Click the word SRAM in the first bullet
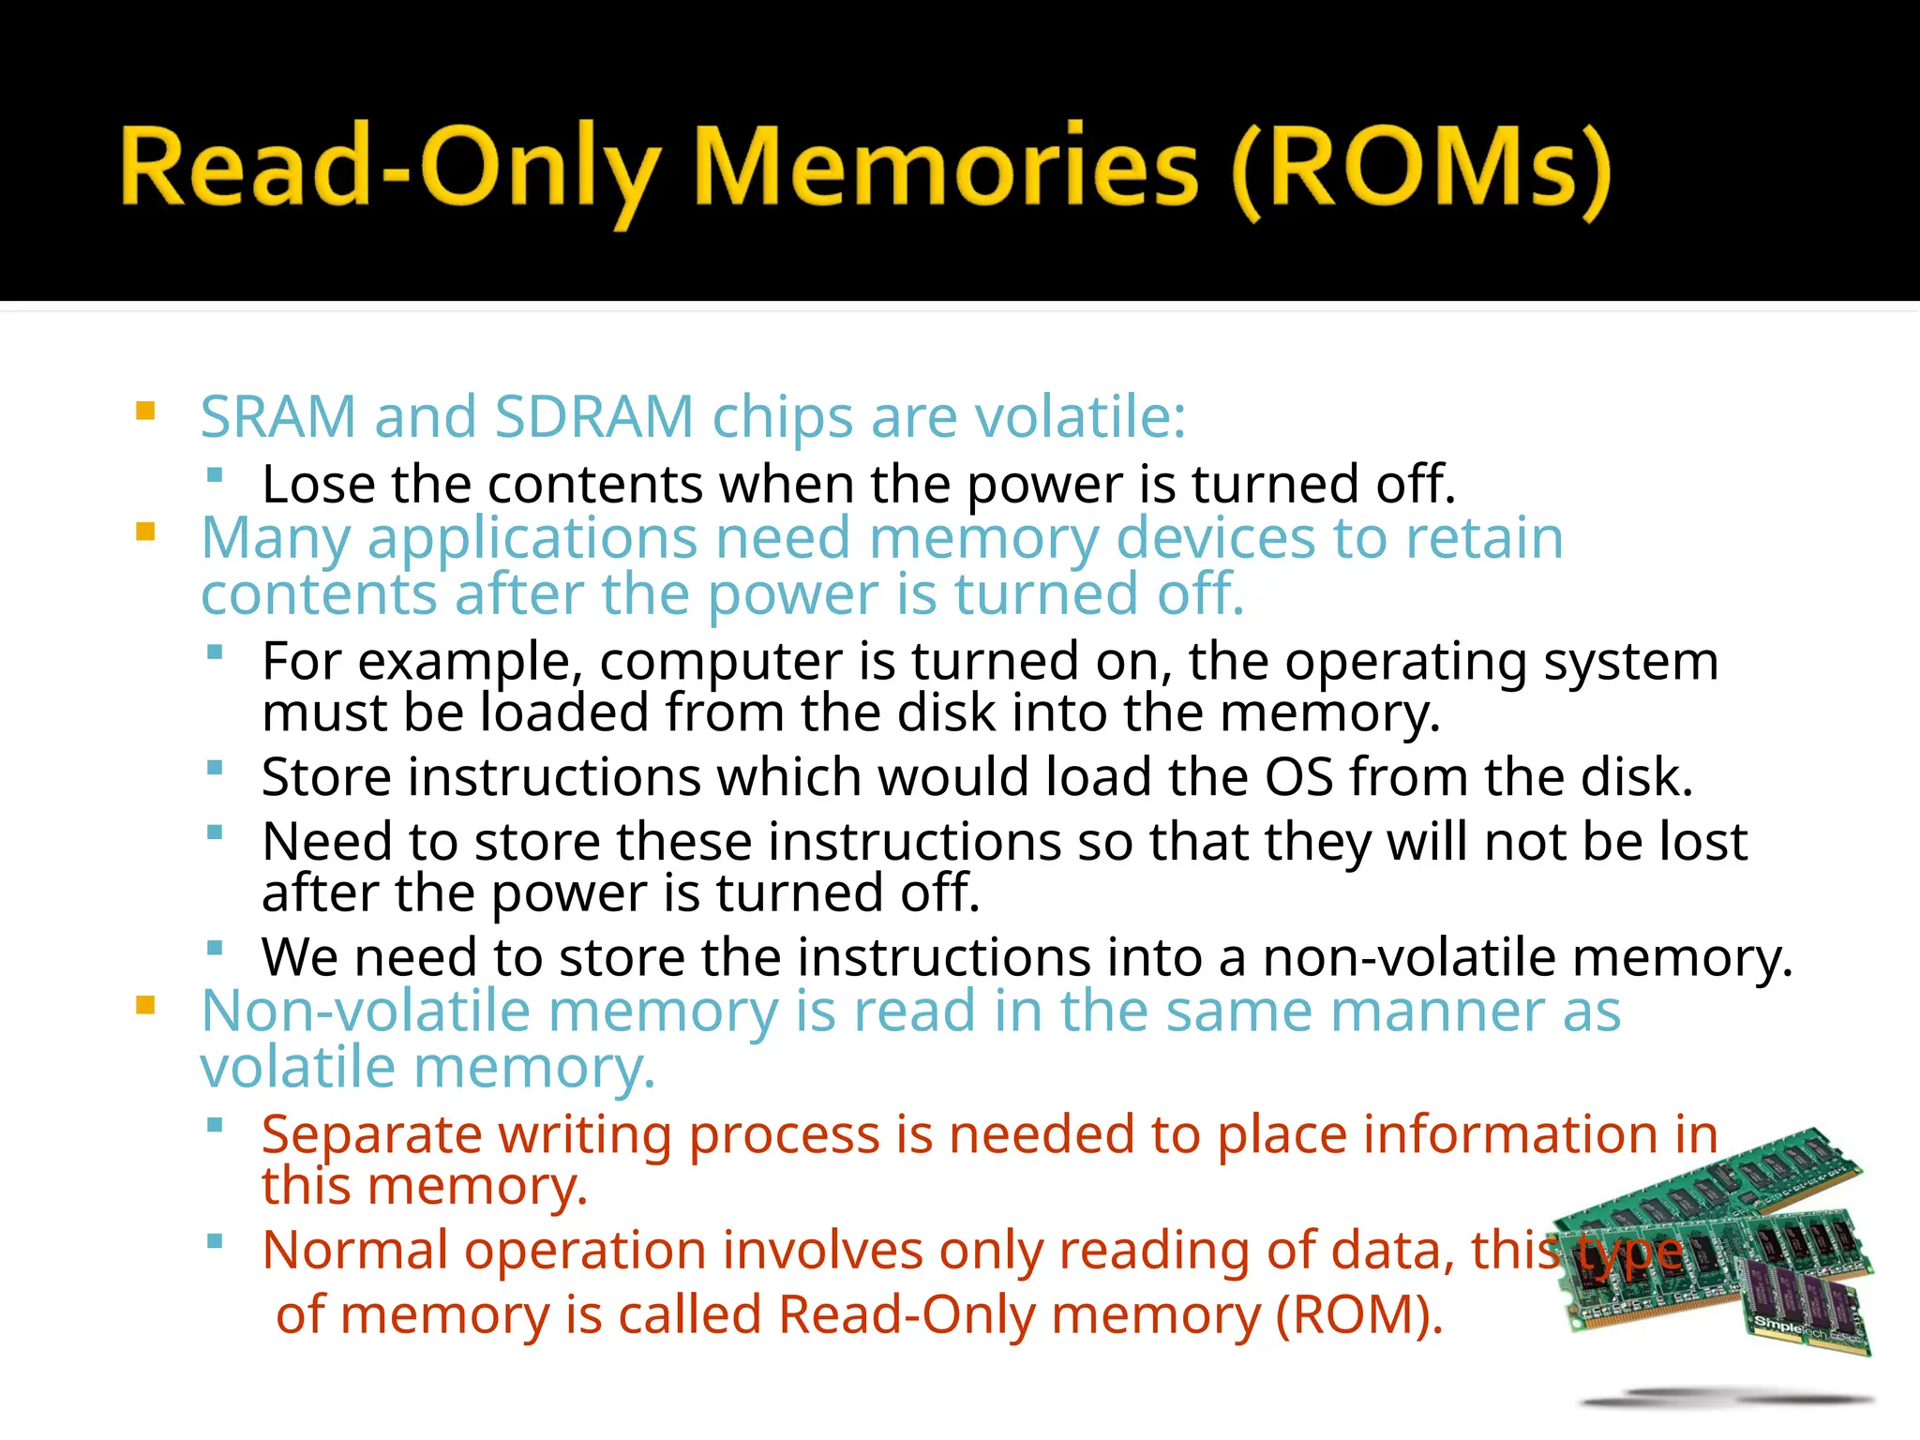click(x=278, y=416)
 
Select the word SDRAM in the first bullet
click(x=593, y=416)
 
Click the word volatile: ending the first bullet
click(x=1080, y=416)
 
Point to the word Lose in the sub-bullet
click(x=318, y=485)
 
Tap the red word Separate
click(x=371, y=1135)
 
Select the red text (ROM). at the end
click(x=1358, y=1314)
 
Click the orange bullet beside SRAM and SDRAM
click(x=145, y=411)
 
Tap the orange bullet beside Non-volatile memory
click(x=145, y=1006)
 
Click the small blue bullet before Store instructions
click(x=215, y=769)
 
